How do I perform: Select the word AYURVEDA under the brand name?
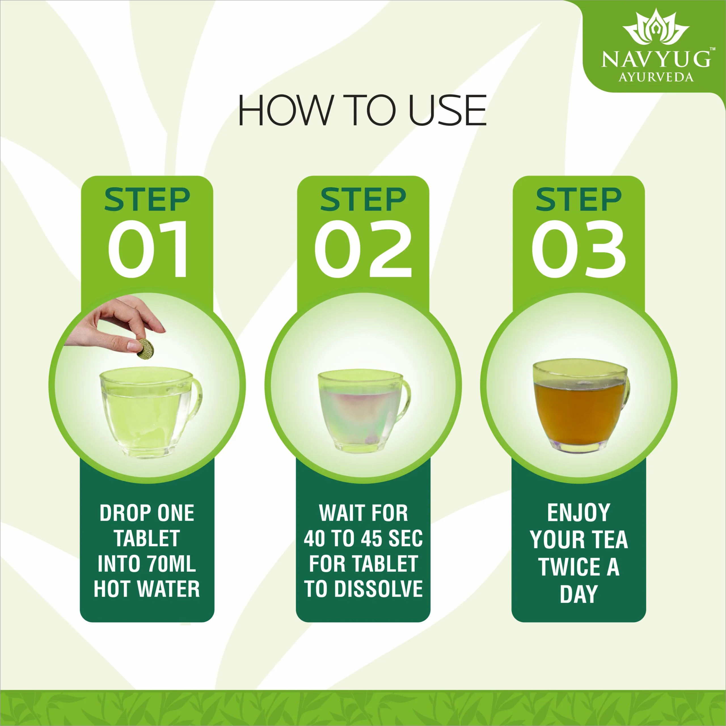(656, 77)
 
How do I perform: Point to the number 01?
(148, 249)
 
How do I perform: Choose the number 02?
(363, 249)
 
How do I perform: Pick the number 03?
(579, 249)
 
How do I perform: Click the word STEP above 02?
(363, 200)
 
